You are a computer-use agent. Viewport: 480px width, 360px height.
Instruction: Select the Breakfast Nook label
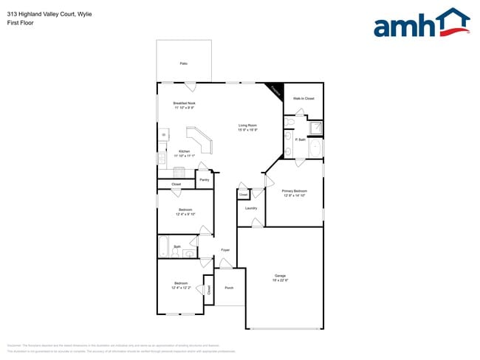click(184, 103)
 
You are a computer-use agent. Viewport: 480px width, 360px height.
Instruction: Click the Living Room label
click(247, 125)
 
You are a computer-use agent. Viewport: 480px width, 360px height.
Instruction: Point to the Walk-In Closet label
click(304, 98)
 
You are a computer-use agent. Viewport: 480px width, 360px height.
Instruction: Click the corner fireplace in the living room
click(275, 91)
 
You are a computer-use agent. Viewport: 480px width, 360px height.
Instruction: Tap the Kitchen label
click(184, 151)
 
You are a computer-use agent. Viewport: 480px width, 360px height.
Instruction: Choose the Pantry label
click(205, 179)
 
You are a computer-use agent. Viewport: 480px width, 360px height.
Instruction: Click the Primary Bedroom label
click(295, 191)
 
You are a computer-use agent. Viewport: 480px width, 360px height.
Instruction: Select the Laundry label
click(251, 208)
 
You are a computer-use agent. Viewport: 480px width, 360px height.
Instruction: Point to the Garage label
click(280, 276)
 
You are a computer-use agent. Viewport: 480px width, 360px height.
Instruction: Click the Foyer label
click(225, 250)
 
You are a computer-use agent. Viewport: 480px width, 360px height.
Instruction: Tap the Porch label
click(229, 288)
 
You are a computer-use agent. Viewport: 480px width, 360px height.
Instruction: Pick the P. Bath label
click(301, 139)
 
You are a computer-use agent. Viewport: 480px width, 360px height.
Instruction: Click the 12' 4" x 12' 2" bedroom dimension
click(182, 288)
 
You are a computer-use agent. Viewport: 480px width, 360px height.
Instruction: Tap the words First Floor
click(21, 23)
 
